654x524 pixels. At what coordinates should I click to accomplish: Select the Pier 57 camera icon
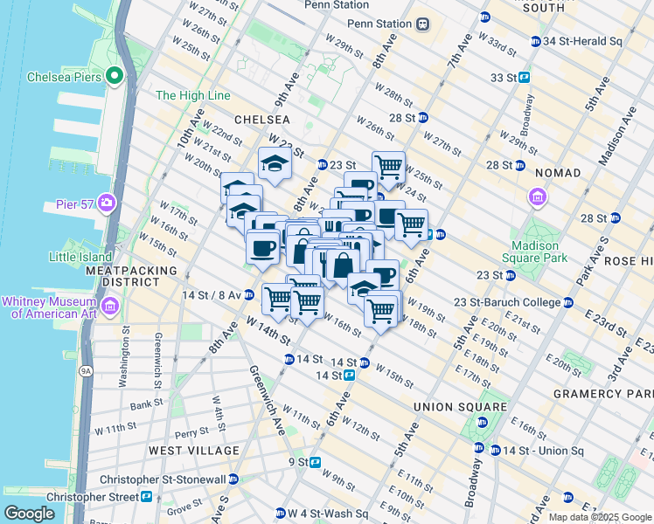coord(107,203)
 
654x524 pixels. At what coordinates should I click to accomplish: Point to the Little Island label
coord(80,257)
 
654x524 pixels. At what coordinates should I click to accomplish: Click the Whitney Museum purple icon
coord(111,305)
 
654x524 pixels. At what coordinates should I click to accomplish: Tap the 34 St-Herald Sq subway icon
coord(535,41)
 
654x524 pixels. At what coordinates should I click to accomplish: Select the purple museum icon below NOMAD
coord(537,197)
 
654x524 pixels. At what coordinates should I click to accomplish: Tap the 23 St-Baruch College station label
coord(505,303)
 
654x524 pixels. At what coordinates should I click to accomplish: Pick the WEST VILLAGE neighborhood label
coord(193,451)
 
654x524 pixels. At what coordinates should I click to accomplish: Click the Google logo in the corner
coord(29,514)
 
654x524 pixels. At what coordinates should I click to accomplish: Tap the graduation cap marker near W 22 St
coord(275,163)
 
